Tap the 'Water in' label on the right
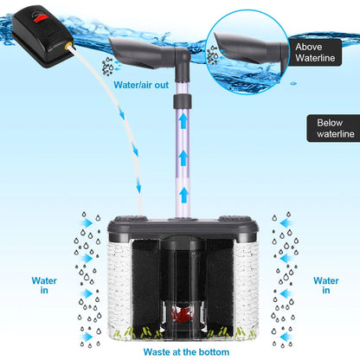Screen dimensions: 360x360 tap(326, 285)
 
